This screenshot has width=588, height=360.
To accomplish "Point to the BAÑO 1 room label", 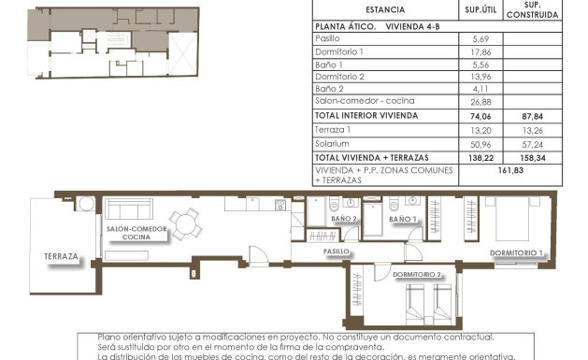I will tap(402, 219).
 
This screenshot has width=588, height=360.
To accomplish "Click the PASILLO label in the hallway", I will tap(337, 252).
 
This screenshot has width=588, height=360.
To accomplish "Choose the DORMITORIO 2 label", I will tap(417, 274).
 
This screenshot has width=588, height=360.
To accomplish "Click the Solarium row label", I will tap(332, 144).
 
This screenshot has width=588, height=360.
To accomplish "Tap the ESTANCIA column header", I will tap(385, 10).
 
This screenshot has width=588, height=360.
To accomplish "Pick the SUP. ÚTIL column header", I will tap(479, 10).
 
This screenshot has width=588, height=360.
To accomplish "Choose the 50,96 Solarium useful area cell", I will tap(478, 144).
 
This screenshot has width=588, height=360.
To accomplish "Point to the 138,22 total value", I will tap(478, 159).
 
